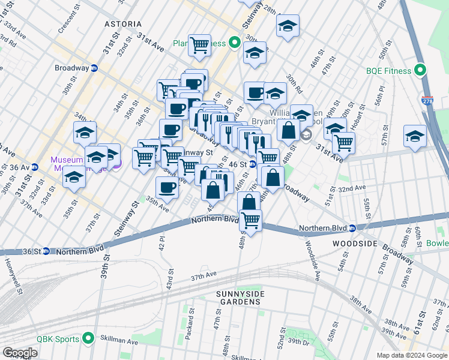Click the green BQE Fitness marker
(421, 71)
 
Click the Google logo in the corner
(20, 353)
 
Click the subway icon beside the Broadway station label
(94, 68)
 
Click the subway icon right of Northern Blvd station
(354, 228)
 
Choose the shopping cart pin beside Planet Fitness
(199, 44)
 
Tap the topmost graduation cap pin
(288, 26)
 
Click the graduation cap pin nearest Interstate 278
(415, 135)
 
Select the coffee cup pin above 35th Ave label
(166, 186)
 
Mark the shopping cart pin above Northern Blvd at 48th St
(250, 220)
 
